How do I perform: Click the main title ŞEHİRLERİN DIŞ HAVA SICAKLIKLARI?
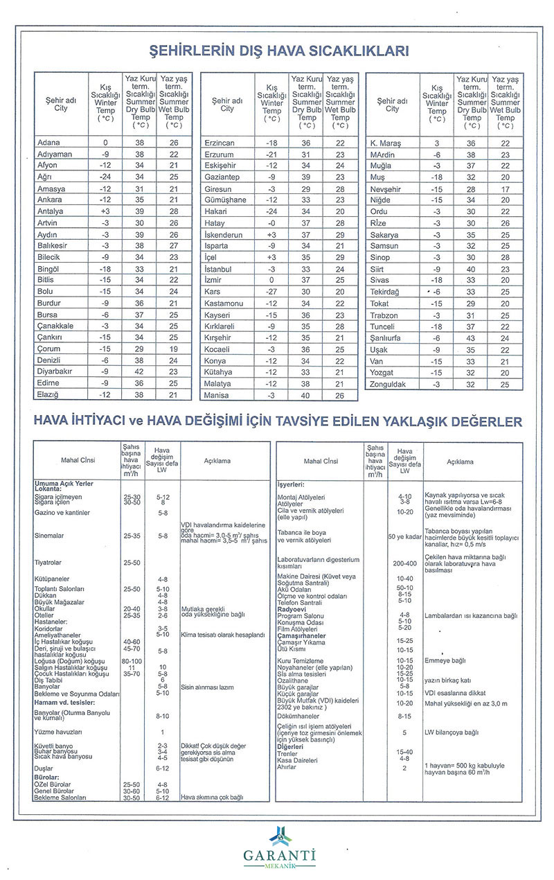[279, 51]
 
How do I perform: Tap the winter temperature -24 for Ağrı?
[105, 177]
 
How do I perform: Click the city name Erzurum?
[220, 155]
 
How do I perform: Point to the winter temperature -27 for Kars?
[271, 292]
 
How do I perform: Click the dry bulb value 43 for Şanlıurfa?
[472, 338]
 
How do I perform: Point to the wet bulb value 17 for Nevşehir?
[506, 189]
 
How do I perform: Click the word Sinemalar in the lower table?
[49, 536]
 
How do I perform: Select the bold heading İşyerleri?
[292, 484]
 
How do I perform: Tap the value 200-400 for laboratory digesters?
[405, 563]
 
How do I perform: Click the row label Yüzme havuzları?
[58, 732]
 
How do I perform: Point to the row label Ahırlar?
[287, 767]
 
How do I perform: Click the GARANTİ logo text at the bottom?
[279, 854]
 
